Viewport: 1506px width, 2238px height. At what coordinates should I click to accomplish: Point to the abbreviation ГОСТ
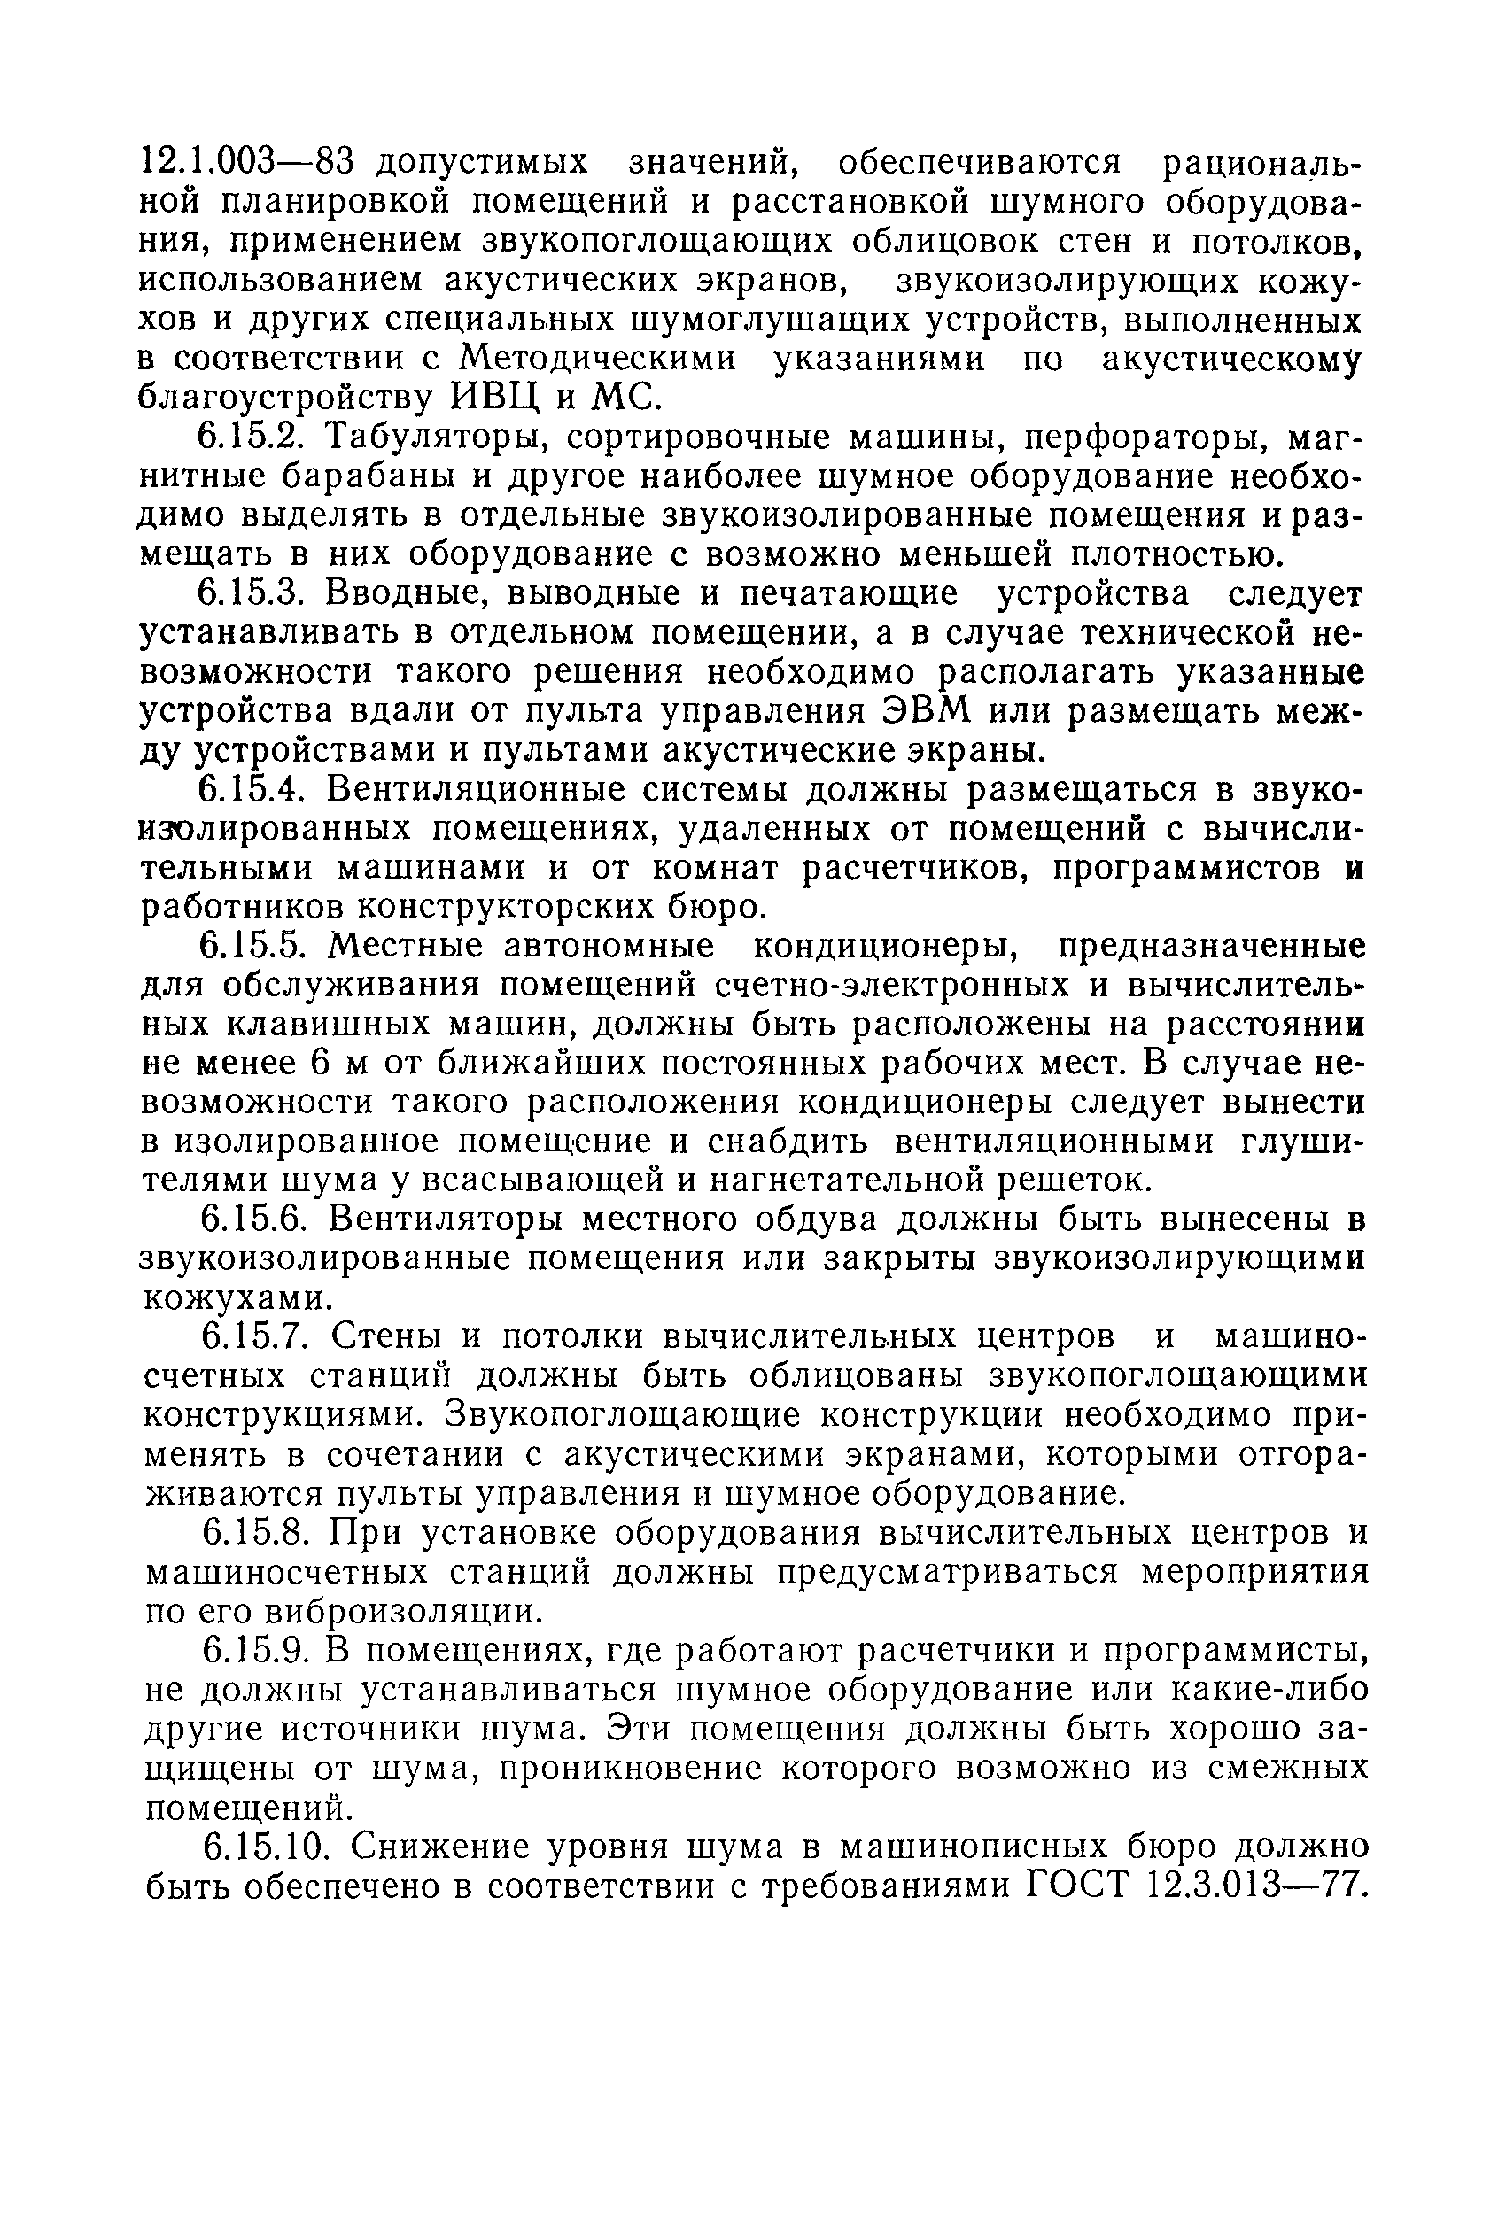click(x=1077, y=1886)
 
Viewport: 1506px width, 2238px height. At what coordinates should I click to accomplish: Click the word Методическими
click(x=597, y=358)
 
